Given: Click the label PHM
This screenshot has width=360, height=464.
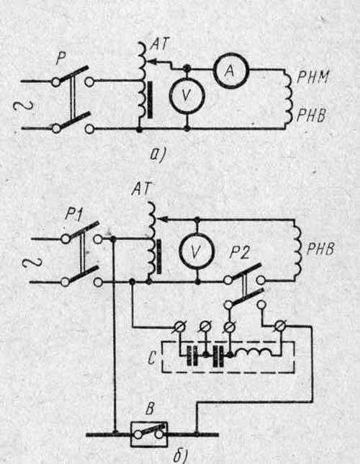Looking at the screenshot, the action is pyautogui.click(x=312, y=78).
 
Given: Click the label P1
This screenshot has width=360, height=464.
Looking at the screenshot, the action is pyautogui.click(x=75, y=214).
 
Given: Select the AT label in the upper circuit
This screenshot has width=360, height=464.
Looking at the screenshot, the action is pyautogui.click(x=160, y=45).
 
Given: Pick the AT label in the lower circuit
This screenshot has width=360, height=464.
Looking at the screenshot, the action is pyautogui.click(x=141, y=188).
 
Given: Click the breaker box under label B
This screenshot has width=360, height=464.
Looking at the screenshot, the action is pyautogui.click(x=149, y=434).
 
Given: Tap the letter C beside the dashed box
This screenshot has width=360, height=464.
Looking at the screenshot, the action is pyautogui.click(x=152, y=358).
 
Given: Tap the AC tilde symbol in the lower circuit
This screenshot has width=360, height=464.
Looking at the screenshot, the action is pyautogui.click(x=32, y=262).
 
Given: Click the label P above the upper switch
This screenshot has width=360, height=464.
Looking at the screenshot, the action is pyautogui.click(x=60, y=59).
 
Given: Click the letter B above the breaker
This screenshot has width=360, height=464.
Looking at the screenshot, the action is pyautogui.click(x=150, y=410).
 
